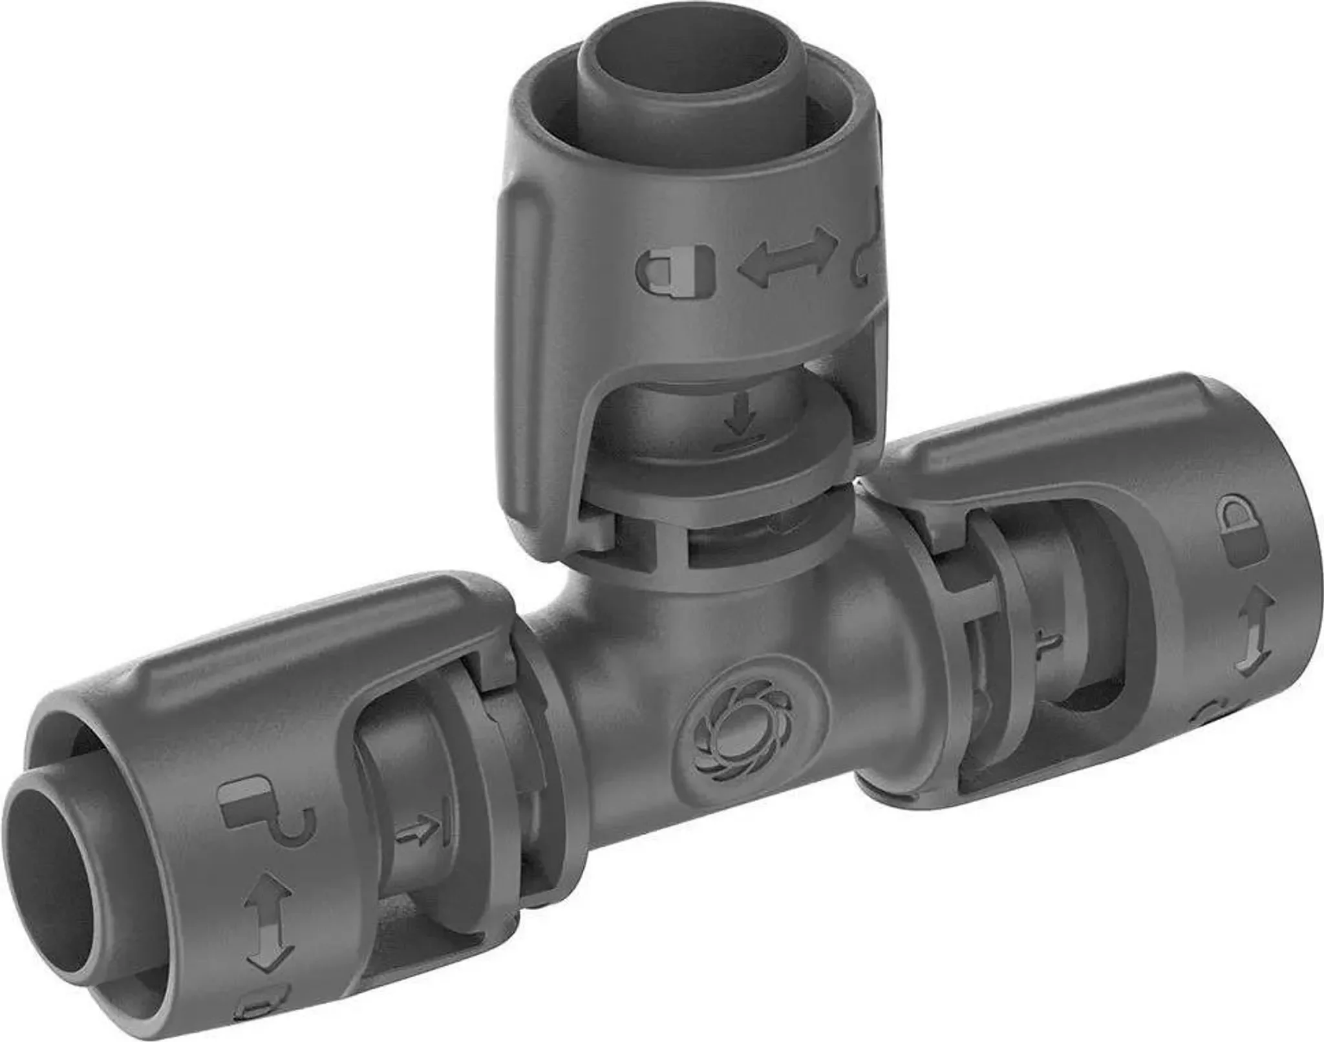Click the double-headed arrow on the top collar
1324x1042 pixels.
point(787,255)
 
